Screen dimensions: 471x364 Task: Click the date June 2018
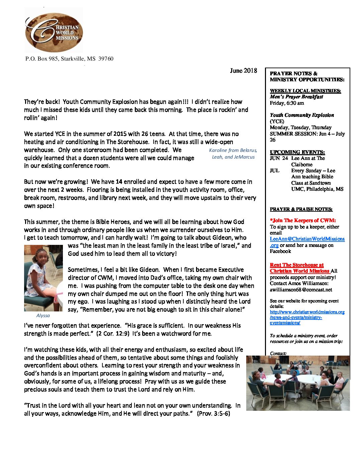[x=243, y=71]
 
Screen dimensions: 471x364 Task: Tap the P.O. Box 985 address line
[x=69, y=59]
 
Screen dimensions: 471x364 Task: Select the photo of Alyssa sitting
[x=43, y=278]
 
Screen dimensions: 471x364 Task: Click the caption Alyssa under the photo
[x=43, y=315]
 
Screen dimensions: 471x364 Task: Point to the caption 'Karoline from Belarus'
[x=233, y=150]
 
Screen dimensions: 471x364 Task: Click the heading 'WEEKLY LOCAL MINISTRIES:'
[x=305, y=91]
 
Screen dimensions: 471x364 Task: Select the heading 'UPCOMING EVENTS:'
[x=297, y=152]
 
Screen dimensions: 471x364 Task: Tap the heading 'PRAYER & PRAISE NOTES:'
[x=301, y=209]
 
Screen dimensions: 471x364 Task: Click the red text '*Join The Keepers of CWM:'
[x=303, y=220]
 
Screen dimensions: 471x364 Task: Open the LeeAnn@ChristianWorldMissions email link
[x=307, y=239]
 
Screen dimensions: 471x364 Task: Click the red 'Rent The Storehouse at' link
[x=297, y=265]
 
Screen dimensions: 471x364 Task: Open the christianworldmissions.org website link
[x=307, y=312]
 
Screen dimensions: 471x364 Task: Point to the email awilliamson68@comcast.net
[x=301, y=290]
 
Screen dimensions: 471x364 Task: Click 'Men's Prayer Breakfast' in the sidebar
[x=296, y=97]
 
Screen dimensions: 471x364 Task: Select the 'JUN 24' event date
[x=279, y=158]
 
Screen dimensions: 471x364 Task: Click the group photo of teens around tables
[x=298, y=383]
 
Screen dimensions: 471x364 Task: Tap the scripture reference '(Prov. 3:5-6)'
[x=213, y=413]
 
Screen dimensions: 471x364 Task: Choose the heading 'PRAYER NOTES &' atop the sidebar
[x=293, y=74]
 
